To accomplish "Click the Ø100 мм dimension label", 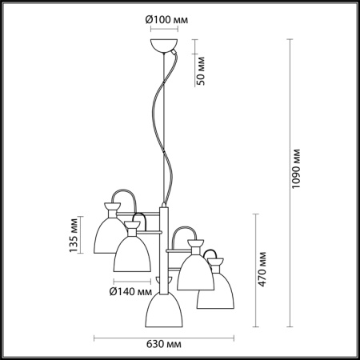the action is tap(166, 19).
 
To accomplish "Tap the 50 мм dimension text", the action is tap(201, 71).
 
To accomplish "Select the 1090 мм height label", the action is tap(295, 169).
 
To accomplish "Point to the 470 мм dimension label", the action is tap(262, 269).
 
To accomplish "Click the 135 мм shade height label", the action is tap(74, 235).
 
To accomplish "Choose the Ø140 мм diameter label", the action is tap(130, 292).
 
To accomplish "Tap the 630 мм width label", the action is tap(164, 344).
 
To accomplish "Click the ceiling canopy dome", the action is tap(164, 46).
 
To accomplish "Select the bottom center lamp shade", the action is tap(164, 310).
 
